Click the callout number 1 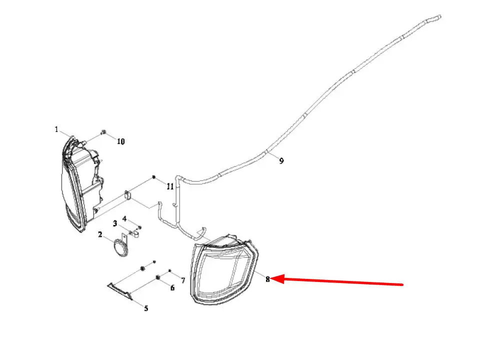click(56, 129)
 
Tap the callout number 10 click(121, 141)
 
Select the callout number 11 click(170, 186)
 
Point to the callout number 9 click(281, 161)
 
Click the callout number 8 click(267, 279)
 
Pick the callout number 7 click(183, 280)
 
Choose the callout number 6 click(172, 288)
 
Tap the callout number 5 click(146, 308)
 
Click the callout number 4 click(124, 218)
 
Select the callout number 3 click(115, 223)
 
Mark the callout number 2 click(100, 234)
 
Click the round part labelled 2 click(121, 248)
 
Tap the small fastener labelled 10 click(103, 132)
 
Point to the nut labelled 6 click(158, 277)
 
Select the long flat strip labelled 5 click(120, 291)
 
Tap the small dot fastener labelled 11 click(153, 177)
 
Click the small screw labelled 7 click(169, 271)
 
